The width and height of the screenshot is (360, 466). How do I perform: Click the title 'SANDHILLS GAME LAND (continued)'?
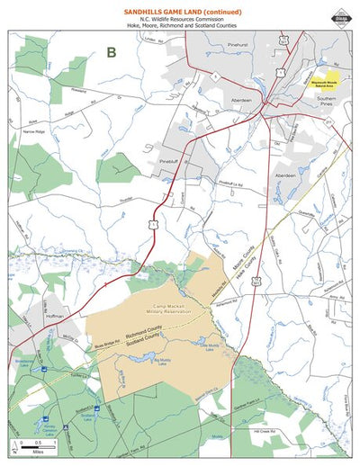180,8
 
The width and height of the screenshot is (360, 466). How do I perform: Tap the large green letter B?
111,52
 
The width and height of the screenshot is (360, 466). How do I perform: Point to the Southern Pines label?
326,100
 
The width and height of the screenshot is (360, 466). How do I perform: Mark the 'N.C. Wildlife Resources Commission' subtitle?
180,19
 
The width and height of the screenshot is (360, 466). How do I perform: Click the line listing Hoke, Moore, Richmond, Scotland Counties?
180,27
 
